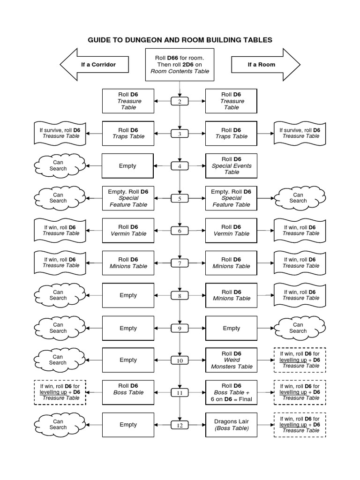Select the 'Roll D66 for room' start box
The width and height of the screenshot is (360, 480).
[180, 64]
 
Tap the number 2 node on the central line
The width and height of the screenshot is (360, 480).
[180, 101]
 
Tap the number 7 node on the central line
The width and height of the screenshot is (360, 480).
[180, 263]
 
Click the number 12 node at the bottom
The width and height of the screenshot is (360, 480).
[180, 425]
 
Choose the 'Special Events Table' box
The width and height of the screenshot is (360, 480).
[231, 166]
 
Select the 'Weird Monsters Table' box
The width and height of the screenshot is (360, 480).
[231, 360]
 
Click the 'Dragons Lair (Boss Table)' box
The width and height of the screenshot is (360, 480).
[231, 425]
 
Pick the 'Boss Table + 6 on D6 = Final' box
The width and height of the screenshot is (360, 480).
[231, 392]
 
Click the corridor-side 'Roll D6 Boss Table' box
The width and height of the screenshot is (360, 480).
[128, 392]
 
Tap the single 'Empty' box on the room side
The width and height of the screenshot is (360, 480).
[231, 328]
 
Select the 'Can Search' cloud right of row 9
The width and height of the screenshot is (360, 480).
[298, 328]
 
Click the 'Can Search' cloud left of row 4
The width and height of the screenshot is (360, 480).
[58, 165]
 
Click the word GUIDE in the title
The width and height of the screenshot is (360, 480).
[100, 40]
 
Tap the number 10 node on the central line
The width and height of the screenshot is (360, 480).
[180, 360]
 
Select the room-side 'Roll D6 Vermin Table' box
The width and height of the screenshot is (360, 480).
[231, 231]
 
